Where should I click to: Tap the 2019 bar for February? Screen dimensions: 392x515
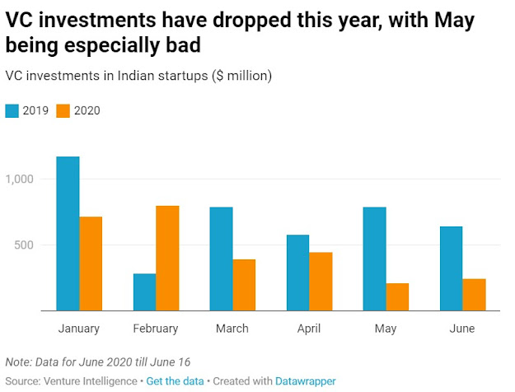pos(144,292)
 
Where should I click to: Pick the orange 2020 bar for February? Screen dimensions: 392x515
pos(167,259)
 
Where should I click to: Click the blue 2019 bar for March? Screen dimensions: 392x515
pos(221,259)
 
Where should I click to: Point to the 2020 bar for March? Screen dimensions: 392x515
pos(244,285)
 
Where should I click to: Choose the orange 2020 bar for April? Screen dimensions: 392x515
pos(321,282)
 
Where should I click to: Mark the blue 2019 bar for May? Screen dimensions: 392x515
pos(374,259)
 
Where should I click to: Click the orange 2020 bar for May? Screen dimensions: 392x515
pos(397,297)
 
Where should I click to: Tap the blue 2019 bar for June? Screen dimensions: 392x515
pos(451,268)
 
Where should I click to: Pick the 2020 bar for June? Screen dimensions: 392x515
pos(474,295)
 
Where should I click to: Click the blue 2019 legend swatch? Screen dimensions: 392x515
pos(12,110)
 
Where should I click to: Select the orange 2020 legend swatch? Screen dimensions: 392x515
pos(63,110)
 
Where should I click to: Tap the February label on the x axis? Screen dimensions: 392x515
pos(156,329)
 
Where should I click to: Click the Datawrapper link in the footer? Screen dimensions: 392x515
pos(305,381)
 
